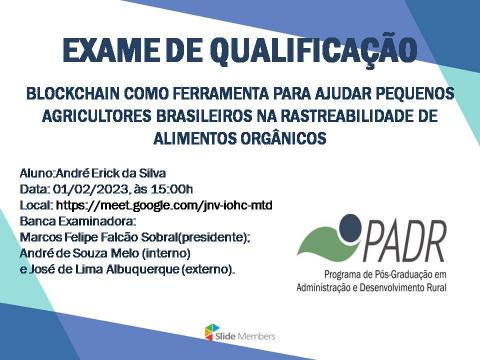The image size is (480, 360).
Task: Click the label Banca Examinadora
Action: (70, 221)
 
